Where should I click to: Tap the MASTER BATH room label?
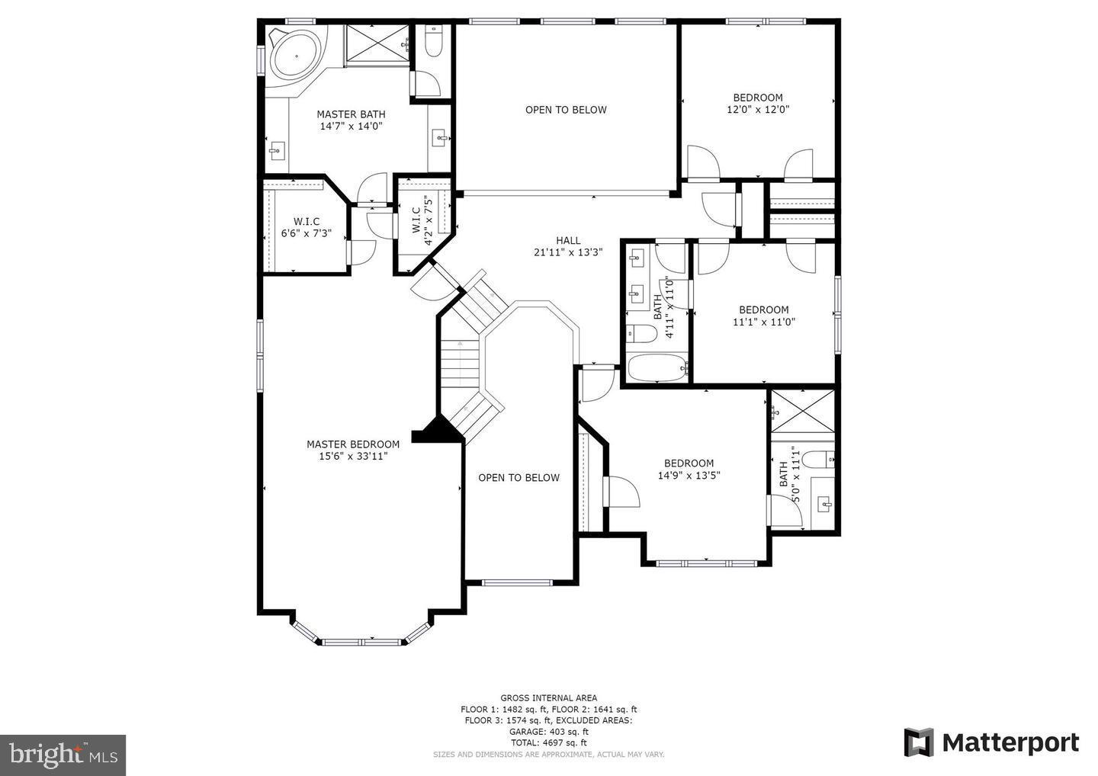[351, 114]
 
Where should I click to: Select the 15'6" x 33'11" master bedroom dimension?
[353, 457]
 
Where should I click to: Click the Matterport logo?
[991, 742]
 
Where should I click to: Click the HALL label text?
[567, 240]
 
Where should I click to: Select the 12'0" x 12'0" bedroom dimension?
[757, 109]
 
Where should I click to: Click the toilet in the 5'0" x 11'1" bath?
[820, 460]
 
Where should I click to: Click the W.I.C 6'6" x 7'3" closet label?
[306, 227]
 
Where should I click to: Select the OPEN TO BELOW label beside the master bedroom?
[518, 478]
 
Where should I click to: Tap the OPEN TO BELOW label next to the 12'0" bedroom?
[566, 110]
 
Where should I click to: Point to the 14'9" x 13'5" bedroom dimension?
[689, 475]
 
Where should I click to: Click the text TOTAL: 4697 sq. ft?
[548, 742]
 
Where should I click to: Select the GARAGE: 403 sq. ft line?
[548, 731]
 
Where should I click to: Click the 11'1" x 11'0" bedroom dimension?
[763, 322]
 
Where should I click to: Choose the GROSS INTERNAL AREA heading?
[548, 697]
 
